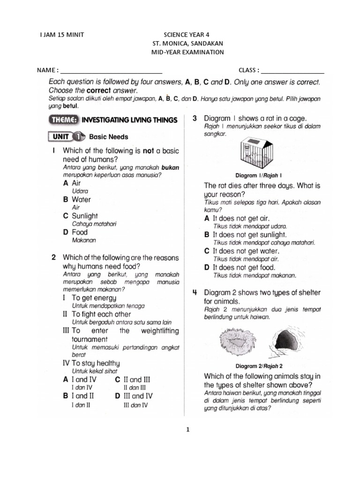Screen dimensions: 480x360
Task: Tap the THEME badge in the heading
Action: click(64, 120)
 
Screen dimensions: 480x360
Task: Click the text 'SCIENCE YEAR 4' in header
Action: click(187, 35)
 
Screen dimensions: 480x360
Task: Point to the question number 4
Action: click(194, 292)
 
